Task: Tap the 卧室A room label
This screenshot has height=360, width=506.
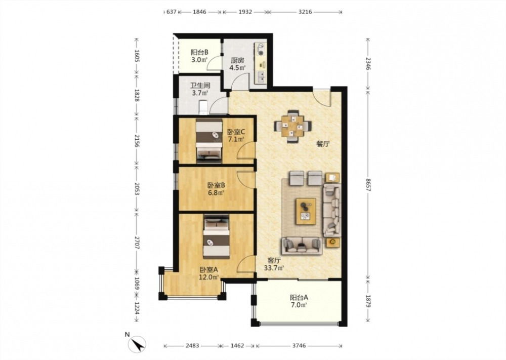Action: coord(209,269)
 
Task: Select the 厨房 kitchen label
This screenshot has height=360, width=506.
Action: coord(237,60)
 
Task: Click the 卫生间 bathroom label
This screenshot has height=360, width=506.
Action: coord(200,86)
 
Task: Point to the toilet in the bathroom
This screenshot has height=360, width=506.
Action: coord(203,107)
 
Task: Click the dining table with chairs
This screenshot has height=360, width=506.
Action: coord(293,126)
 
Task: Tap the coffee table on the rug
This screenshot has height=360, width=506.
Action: coord(306,212)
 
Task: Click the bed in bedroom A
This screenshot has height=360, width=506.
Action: coord(216,236)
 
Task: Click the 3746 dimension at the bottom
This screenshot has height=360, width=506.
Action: coord(299,346)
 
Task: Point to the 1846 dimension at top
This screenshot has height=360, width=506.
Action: coord(199,12)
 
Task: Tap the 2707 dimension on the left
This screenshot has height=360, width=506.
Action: coord(137,241)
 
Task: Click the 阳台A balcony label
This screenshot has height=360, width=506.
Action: coord(299,297)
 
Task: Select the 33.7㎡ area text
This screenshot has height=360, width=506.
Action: coord(274,268)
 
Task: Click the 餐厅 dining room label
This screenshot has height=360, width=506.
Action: coord(323,144)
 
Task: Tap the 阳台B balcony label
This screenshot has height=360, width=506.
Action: coord(199,52)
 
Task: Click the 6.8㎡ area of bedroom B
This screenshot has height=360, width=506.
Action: coord(216,193)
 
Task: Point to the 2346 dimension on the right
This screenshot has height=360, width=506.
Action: coord(368,63)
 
